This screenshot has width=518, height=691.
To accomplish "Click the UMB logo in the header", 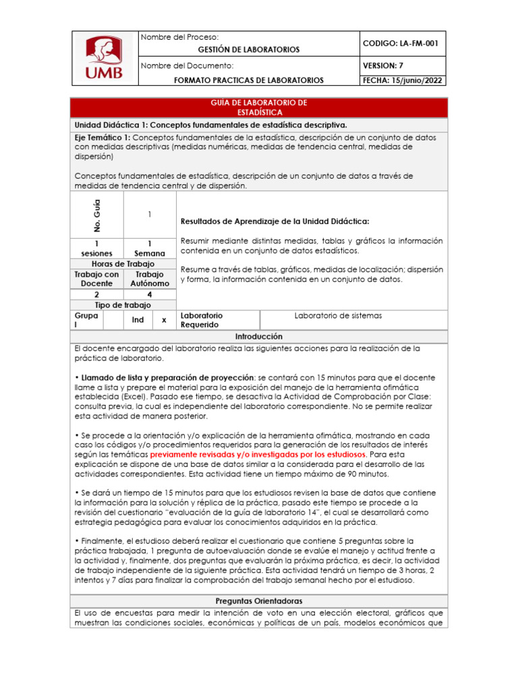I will tap(104, 58).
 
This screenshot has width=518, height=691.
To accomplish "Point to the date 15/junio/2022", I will tap(418, 80).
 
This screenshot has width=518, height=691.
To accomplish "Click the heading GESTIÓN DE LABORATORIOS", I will tap(248, 50).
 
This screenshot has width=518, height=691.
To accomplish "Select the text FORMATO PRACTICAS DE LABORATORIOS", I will tap(248, 80).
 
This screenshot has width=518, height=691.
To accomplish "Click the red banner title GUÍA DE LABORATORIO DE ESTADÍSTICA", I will tap(259, 107).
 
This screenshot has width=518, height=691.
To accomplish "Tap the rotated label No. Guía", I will tap(96, 214).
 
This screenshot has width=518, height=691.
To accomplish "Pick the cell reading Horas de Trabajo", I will tap(123, 264).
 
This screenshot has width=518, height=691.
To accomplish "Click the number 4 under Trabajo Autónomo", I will tap(149, 295).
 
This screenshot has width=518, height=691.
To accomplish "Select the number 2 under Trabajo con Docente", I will tap(96, 295).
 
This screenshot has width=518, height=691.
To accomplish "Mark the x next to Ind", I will tap(163, 320).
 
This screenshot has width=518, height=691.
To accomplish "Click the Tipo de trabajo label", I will tap(123, 305).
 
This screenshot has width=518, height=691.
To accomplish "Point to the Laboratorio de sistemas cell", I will tap(338, 315).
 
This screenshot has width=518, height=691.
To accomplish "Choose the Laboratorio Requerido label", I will tap(201, 320).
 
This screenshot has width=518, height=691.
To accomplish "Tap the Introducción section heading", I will tap(259, 336).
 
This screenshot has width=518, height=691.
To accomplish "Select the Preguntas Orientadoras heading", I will tap(259, 601).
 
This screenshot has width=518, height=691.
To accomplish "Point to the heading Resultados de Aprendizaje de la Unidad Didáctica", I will tap(275, 221).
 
